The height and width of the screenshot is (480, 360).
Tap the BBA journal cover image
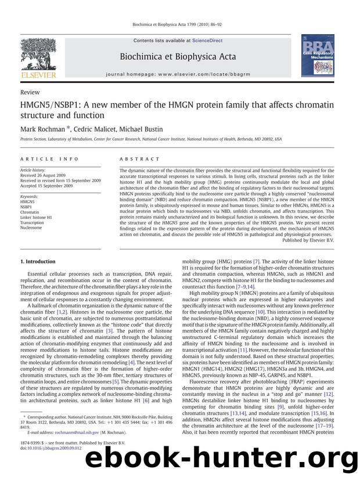coord(317,55)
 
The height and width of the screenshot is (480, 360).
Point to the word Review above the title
coord(30,92)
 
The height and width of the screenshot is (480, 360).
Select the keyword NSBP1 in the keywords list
coord(27,206)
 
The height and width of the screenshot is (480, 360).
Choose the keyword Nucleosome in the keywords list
coord(32,228)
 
